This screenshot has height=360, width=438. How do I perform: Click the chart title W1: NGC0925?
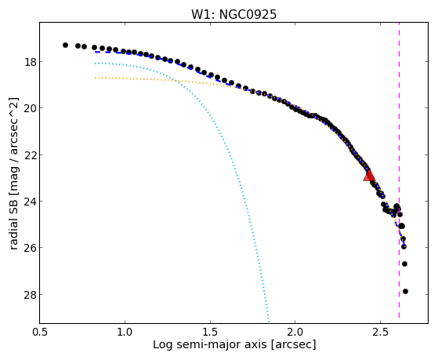coord(233,15)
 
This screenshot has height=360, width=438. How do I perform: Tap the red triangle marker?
coord(369,175)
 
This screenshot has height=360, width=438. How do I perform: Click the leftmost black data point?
coord(65,45)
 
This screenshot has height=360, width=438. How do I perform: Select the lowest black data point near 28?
coord(405,292)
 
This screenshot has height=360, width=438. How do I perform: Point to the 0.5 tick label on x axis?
coord(40,332)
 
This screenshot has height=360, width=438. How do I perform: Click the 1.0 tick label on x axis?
coord(125,332)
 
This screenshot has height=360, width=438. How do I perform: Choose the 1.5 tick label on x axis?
coord(210,332)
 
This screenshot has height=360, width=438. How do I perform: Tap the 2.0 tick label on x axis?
coord(295,332)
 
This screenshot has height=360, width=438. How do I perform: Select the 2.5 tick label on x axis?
coord(381,332)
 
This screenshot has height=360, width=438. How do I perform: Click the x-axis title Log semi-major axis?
coord(210,344)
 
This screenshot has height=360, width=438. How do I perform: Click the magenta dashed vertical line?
coord(399,170)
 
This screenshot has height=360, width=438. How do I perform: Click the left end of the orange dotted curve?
coord(96,78)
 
